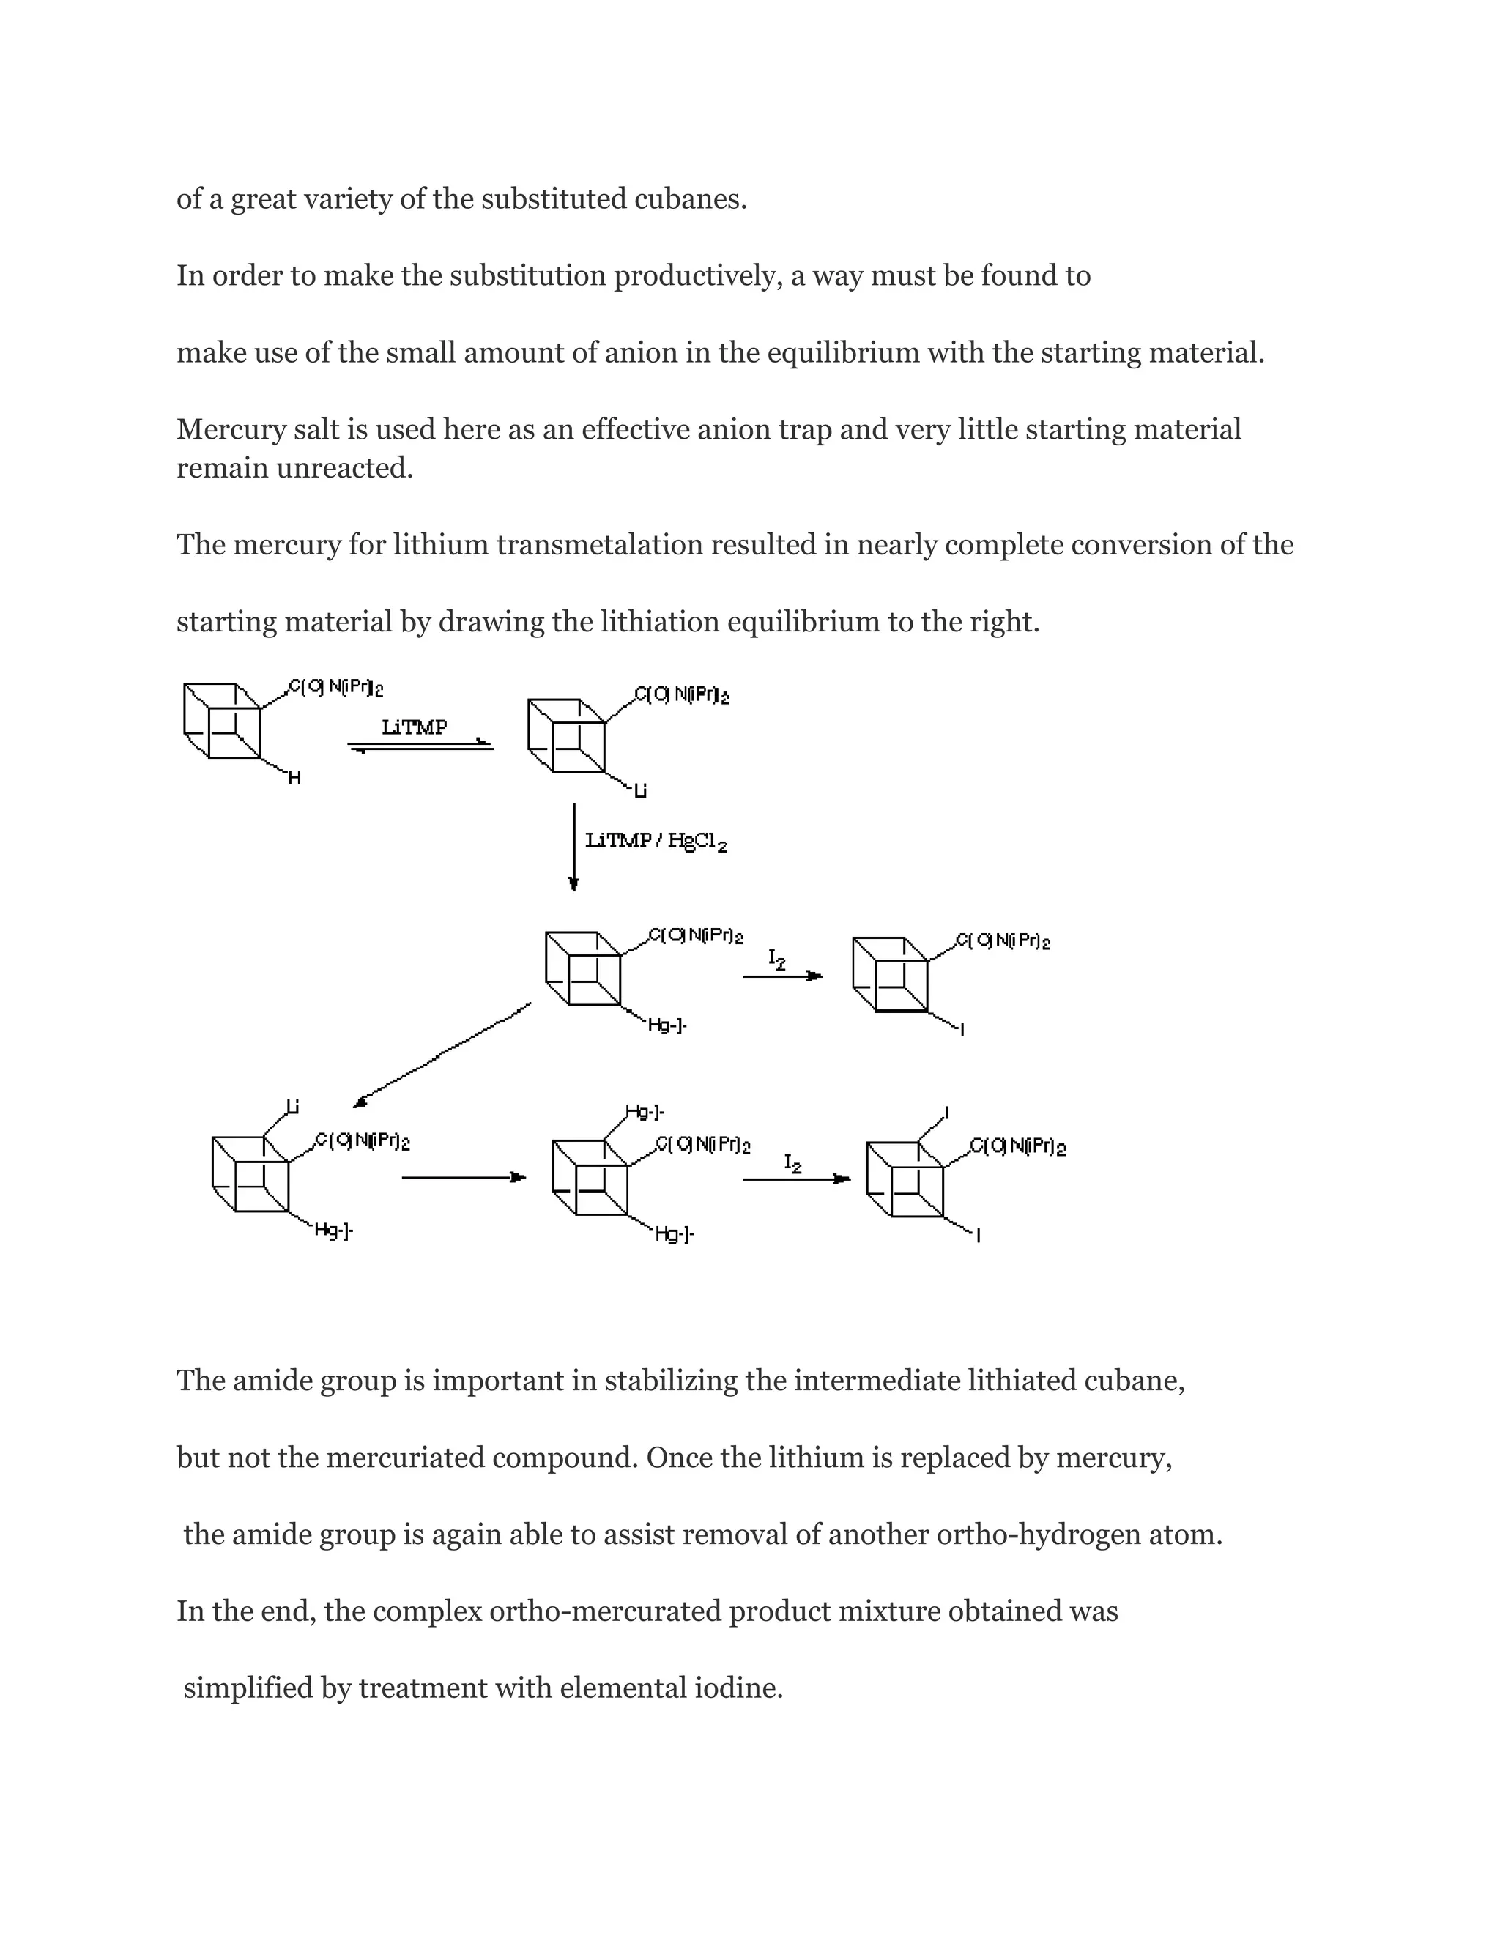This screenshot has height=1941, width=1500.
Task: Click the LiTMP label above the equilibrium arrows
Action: pyautogui.click(x=414, y=727)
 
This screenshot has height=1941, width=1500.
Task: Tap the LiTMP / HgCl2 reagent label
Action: pyautogui.click(x=656, y=841)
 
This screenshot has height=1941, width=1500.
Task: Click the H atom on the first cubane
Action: pyautogui.click(x=295, y=779)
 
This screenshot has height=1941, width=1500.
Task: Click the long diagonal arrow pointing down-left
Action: pyautogui.click(x=442, y=1055)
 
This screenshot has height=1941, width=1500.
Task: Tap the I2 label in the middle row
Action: pyautogui.click(x=776, y=959)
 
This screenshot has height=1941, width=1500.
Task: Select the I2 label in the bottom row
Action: pyautogui.click(x=792, y=1162)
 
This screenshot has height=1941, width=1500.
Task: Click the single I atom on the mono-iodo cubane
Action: pyautogui.click(x=962, y=1030)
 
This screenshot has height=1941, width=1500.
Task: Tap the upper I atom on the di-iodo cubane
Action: pyautogui.click(x=946, y=1113)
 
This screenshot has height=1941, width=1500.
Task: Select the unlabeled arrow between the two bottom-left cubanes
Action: pyautogui.click(x=463, y=1178)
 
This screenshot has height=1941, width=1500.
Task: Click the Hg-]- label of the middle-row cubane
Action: pyautogui.click(x=667, y=1025)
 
